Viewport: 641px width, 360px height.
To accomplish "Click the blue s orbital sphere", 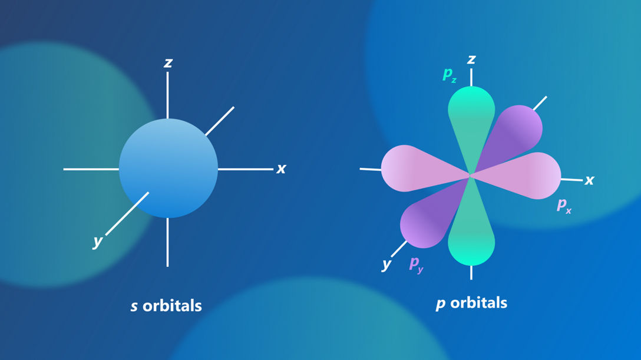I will pos(168,169).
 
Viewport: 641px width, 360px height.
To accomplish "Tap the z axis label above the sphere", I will pos(168,62).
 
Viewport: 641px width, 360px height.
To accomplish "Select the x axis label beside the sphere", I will pos(281,169).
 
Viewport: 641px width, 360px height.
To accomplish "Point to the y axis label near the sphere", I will pos(97,242).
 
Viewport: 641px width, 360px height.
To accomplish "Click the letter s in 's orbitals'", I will pos(134,306).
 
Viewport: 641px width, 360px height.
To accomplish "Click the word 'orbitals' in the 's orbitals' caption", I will pos(172,306).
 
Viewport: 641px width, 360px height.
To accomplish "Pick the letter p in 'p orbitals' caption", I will pos(440,304).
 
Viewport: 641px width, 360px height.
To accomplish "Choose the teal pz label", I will pos(449,75).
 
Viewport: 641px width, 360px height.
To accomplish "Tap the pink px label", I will pos(564,205).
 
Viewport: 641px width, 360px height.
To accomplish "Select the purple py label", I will pos(416,264).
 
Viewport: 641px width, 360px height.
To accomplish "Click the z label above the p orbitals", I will pos(471,60).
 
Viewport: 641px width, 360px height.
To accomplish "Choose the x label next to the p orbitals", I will pos(589,180).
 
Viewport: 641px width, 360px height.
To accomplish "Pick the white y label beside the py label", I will pos(386,265).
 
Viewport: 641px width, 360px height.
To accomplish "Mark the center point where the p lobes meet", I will pos(471,175).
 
